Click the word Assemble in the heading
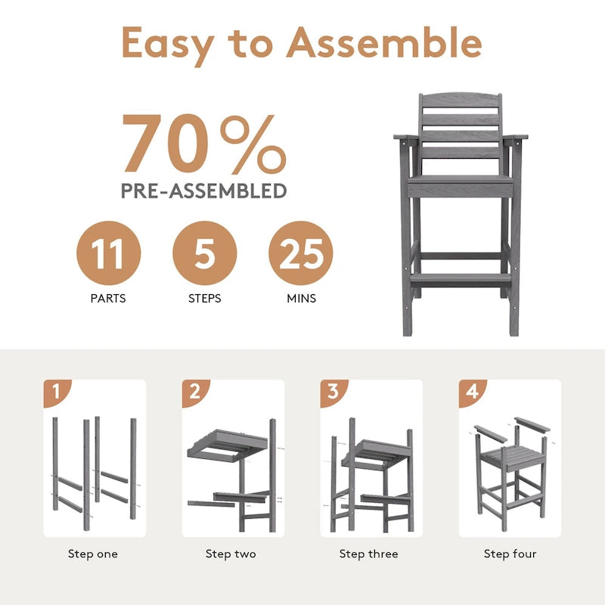pos(384,42)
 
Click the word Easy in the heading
pos(168,46)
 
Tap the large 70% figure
pos(204,144)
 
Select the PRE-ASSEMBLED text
pos(204,191)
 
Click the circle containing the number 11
pos(108,253)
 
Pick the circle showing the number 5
pos(204,253)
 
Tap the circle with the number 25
pos(301,253)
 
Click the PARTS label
pos(108,298)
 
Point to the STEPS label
pos(204,298)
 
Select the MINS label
pos(301,298)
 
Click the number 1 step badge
pos(56,392)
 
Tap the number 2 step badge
pos(195,392)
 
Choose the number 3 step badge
pos(333,392)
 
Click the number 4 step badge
pos(471,392)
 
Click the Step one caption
pos(93,554)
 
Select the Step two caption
pos(231,554)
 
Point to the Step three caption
pos(369,554)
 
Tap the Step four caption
pos(510,554)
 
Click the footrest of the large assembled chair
pos(461,279)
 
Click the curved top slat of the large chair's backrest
pos(461,101)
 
